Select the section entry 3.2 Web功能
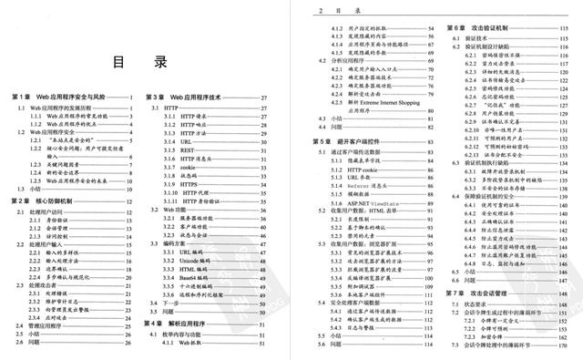coord(173,209)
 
